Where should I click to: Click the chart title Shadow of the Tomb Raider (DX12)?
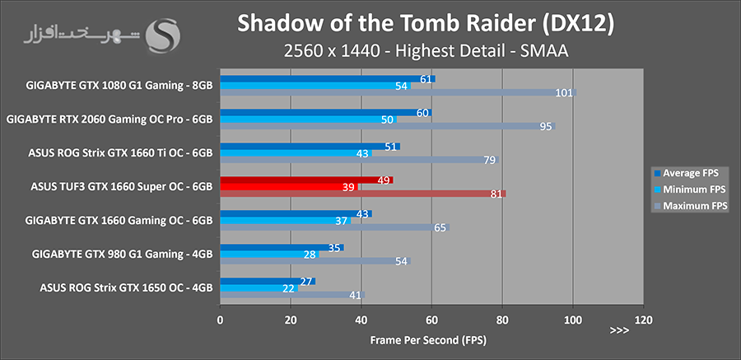(x=425, y=25)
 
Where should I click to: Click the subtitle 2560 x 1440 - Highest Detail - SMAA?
(x=425, y=52)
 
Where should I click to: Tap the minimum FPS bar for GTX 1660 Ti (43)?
(x=288, y=153)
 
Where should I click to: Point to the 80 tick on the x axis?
(x=502, y=319)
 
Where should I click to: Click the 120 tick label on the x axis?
(x=643, y=319)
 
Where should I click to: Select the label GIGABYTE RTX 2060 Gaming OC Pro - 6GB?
(x=110, y=119)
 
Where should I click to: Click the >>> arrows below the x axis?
(x=619, y=330)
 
